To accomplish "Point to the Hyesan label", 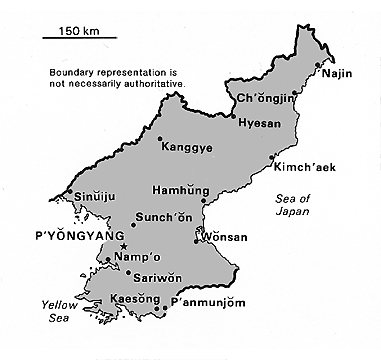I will pos(258,122).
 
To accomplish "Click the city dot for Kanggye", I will pos(161,138).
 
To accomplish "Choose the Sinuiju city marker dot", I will pos(69,192).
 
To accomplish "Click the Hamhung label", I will pos(177,190).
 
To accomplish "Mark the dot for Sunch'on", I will pos(134,225).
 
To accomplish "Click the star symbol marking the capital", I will pos(123,246).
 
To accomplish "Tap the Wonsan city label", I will pos(224,240).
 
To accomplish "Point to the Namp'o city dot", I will pos(108,260).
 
